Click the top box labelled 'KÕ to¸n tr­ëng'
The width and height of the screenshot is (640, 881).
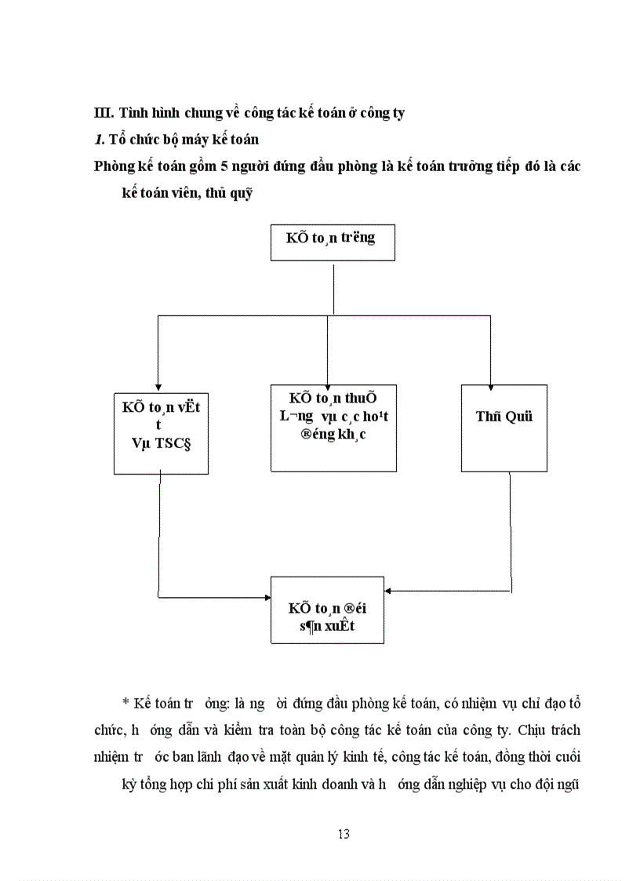click(x=333, y=242)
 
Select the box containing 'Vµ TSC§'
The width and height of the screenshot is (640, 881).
click(x=161, y=430)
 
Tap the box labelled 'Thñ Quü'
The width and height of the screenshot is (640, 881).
click(x=504, y=428)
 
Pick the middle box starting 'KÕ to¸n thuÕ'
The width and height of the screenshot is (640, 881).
click(x=333, y=428)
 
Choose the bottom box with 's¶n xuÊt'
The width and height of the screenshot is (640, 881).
click(x=327, y=610)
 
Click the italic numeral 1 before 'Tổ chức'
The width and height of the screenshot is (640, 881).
click(x=98, y=140)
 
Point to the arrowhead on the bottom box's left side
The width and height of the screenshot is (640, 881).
click(x=267, y=598)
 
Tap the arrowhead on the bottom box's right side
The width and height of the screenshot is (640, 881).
click(x=389, y=590)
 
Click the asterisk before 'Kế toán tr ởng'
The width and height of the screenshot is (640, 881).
click(x=125, y=704)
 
